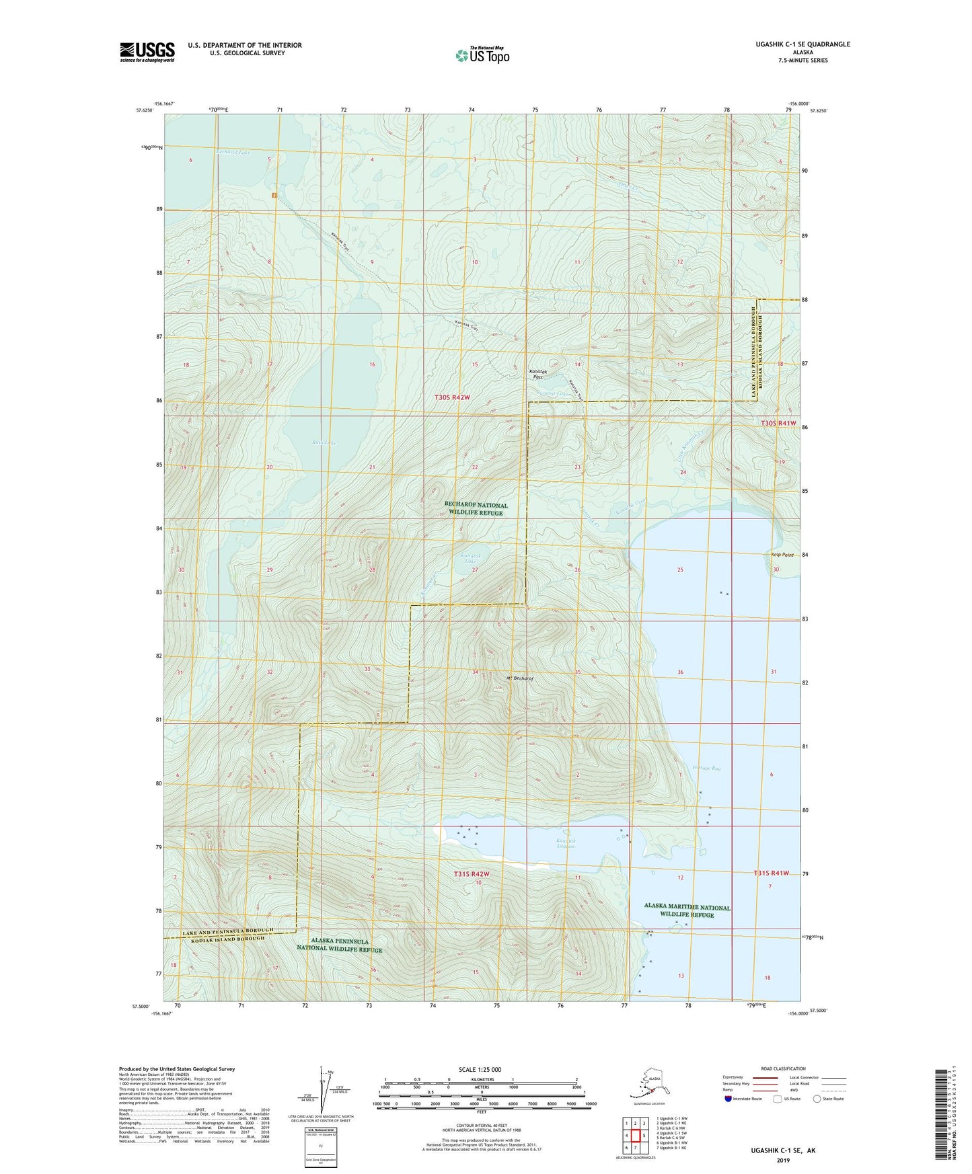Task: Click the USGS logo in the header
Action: coord(147,52)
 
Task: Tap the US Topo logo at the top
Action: coord(482,55)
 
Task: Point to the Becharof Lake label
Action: coord(233,153)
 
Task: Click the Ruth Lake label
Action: coord(305,442)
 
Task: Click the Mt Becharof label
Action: coord(519,678)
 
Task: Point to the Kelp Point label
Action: coord(782,555)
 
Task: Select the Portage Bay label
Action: coord(706,768)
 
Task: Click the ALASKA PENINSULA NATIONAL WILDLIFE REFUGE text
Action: coord(340,945)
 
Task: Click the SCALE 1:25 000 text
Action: coord(480,1069)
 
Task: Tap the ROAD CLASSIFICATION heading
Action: coord(782,1068)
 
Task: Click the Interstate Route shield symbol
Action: coord(730,1099)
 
